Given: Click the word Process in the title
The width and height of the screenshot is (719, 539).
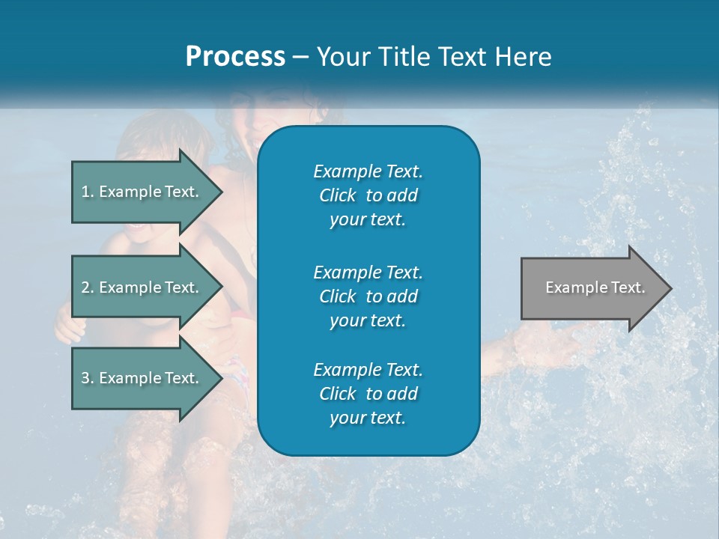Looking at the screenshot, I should click(x=235, y=57).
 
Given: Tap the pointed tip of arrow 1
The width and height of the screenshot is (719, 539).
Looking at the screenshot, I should click(x=221, y=192).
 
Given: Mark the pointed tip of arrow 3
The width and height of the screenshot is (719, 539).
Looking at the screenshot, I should click(x=221, y=378).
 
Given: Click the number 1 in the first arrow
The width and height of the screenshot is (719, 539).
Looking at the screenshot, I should click(x=85, y=192).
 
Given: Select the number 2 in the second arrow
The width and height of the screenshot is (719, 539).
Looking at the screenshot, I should click(x=85, y=287).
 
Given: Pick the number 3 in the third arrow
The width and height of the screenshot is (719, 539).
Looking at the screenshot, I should click(x=85, y=378).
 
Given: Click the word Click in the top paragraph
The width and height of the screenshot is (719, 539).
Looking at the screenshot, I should click(x=337, y=196).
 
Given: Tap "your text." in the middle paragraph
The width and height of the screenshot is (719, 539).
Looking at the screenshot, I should click(x=368, y=320).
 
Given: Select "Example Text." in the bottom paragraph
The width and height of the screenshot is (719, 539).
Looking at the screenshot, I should click(x=368, y=370).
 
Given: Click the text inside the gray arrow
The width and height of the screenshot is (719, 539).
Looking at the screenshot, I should click(x=595, y=287).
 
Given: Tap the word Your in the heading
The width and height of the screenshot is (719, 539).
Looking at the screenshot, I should click(x=344, y=57).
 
